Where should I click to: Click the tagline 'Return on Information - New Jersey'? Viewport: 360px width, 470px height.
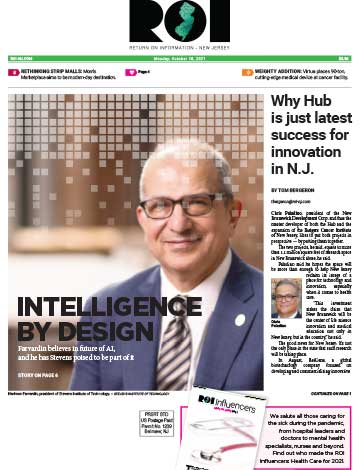point(180,46)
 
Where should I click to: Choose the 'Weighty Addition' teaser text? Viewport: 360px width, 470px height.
point(300,73)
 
